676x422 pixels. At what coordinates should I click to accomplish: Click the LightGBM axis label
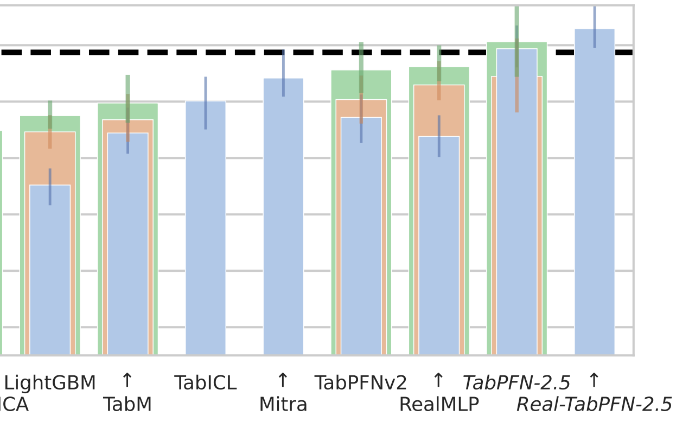tap(50, 383)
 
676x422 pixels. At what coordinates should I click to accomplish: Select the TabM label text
tap(127, 405)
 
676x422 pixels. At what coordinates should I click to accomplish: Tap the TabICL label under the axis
tap(205, 383)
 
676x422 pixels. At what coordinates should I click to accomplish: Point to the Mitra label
tap(283, 405)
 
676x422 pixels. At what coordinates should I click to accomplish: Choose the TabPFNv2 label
tap(361, 383)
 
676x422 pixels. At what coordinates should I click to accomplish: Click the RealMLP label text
tap(439, 405)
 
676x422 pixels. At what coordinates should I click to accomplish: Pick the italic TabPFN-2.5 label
tap(516, 383)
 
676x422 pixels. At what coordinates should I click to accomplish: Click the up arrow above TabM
tap(127, 380)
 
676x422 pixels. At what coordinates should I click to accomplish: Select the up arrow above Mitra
tap(283, 380)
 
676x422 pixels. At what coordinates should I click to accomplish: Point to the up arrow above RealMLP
tap(438, 380)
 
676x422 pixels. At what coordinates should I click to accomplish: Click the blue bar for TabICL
tap(206, 244)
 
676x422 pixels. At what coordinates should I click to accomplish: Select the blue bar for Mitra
tap(283, 228)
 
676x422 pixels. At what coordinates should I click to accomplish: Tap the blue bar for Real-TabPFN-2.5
tap(595, 206)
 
